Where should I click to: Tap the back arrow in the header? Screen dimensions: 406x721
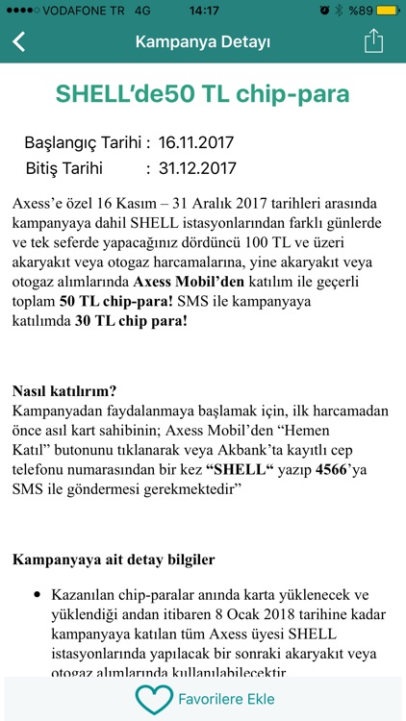point(19,42)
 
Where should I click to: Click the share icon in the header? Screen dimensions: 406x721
point(373,41)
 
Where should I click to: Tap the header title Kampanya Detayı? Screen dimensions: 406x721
point(202,42)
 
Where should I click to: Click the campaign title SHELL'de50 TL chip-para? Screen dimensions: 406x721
point(202,94)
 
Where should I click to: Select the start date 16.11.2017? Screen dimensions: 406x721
point(196,143)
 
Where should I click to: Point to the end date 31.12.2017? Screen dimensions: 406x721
point(196,168)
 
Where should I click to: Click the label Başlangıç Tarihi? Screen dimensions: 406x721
point(87,143)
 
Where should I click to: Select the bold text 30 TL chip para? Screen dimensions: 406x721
point(132,321)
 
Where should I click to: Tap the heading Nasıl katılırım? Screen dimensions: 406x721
point(64,391)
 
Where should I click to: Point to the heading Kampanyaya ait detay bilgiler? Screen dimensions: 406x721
point(114,559)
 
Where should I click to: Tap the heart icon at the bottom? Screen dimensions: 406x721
point(153,698)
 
